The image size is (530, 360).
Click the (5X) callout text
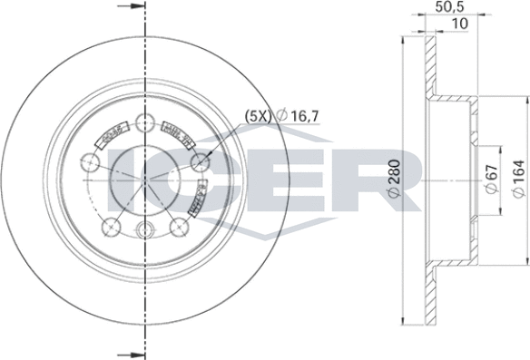[257, 114]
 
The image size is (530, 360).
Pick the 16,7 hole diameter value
[308, 114]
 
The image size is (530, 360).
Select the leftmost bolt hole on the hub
[90, 163]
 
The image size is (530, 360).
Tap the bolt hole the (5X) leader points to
[201, 163]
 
